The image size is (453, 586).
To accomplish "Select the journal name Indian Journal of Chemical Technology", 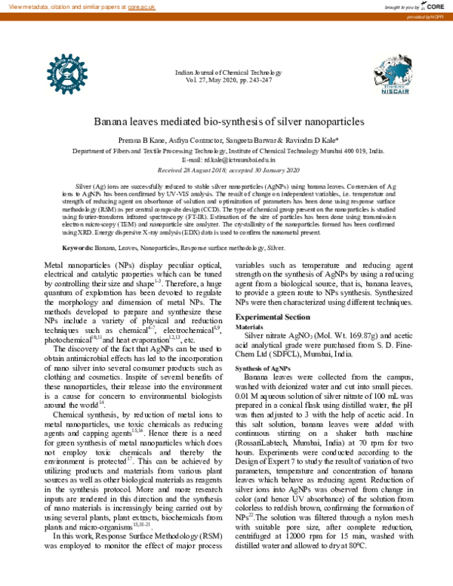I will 227,72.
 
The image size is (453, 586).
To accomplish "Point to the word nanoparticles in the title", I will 332,121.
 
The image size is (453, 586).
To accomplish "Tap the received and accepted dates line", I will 226,170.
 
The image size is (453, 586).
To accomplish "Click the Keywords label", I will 78,227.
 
